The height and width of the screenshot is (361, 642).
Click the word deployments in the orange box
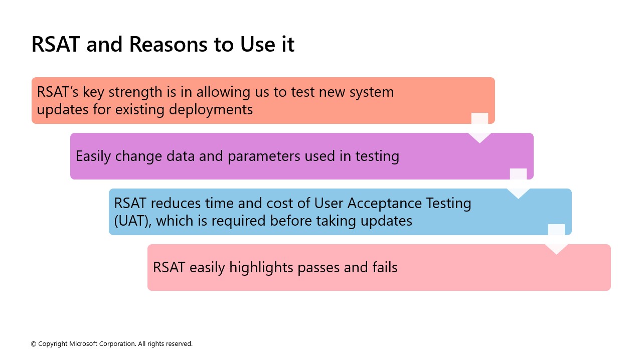[211, 109]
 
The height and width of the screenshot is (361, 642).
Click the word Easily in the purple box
[94, 156]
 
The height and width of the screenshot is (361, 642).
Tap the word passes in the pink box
[318, 268]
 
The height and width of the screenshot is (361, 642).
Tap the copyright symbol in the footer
[34, 344]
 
